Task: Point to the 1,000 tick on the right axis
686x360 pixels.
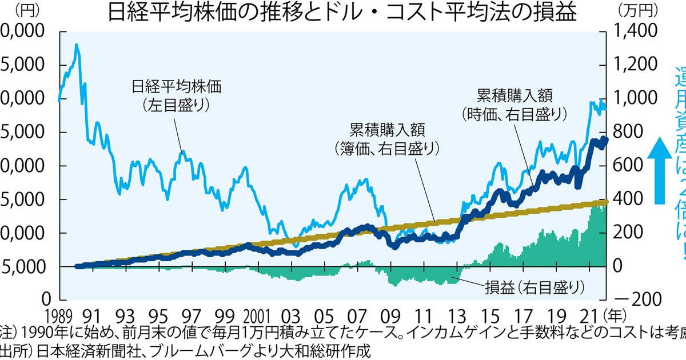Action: pos(635,98)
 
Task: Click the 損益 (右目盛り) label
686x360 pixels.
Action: pos(535,285)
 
